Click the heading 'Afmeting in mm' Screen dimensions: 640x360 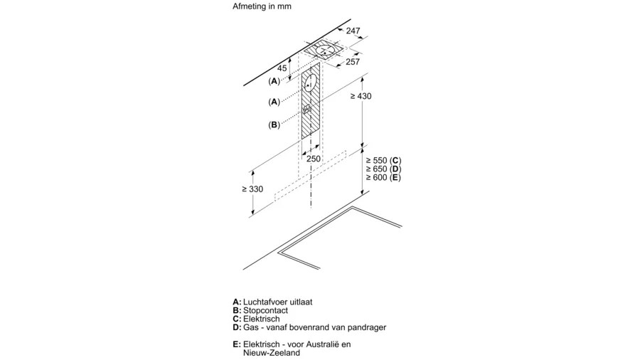point(262,6)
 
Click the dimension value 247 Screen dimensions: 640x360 point(353,31)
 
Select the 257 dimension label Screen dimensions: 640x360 point(353,62)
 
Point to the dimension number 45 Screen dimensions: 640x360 point(282,68)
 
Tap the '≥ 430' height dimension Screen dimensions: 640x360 point(361,96)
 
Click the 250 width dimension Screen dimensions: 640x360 point(314,159)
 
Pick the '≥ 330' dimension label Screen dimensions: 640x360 point(252,189)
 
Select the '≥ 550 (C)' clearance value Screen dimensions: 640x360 point(383,160)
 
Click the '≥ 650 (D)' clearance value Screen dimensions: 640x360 point(383,169)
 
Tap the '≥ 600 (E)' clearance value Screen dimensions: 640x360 point(383,178)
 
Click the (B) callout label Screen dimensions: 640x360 point(274,125)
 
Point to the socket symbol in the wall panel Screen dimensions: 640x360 point(307,110)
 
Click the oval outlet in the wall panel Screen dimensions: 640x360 point(310,85)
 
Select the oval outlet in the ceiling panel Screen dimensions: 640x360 point(326,51)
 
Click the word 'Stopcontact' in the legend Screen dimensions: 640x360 point(265,311)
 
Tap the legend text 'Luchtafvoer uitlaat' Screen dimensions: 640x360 point(277,302)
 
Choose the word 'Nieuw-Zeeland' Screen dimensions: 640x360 point(272,353)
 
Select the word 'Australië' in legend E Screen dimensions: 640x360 point(321,344)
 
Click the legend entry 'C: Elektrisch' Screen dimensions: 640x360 point(256,319)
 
